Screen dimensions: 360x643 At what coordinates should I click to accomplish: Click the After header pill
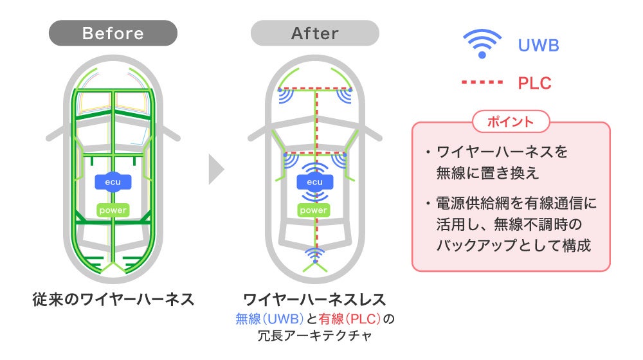(x=314, y=33)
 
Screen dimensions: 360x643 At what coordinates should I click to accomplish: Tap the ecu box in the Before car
(x=113, y=182)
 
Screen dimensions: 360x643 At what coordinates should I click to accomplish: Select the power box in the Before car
(x=113, y=210)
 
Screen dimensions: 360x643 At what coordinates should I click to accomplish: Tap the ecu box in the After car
(x=314, y=182)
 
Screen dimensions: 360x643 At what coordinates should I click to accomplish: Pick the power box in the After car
(x=314, y=210)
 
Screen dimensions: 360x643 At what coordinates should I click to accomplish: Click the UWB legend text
(x=538, y=46)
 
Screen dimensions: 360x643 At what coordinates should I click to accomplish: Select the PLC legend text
(x=534, y=83)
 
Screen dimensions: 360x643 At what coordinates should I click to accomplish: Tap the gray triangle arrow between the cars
(x=217, y=170)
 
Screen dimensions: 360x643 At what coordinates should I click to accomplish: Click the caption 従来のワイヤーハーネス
(x=113, y=300)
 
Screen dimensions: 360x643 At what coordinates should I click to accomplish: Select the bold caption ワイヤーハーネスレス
(x=314, y=300)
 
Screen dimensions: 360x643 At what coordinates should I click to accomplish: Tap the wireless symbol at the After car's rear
(x=314, y=256)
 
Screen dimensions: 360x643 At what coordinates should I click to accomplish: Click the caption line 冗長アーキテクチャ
(x=314, y=336)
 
